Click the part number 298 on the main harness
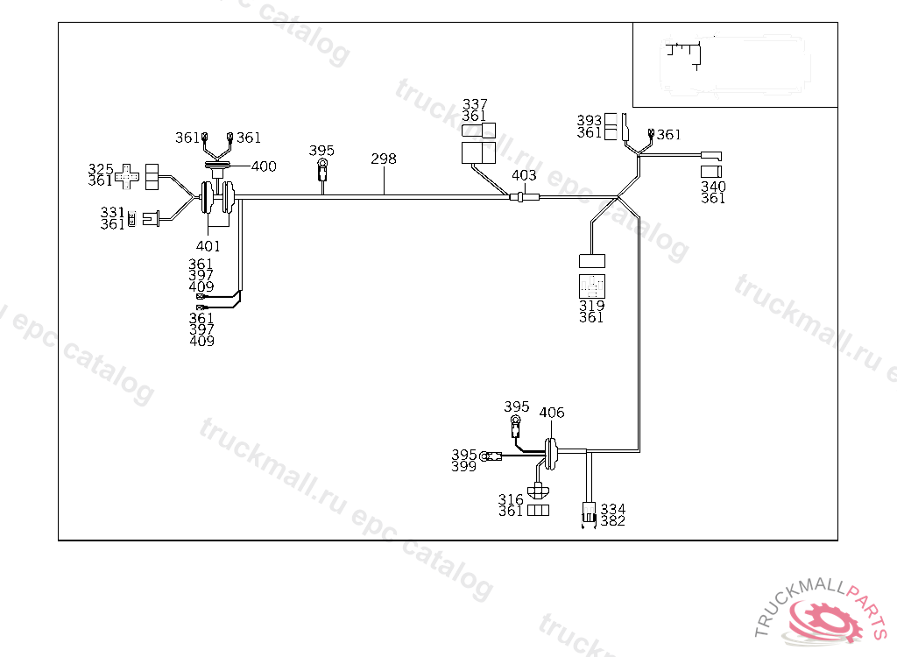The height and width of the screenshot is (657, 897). click(x=384, y=159)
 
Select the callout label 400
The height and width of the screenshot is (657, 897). click(x=264, y=166)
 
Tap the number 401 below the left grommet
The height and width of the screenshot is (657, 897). click(x=208, y=246)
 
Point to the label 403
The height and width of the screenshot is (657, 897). click(x=524, y=175)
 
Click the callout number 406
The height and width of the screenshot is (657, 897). click(x=552, y=413)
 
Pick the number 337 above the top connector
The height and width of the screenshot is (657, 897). click(x=475, y=104)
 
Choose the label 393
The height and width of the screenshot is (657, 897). click(x=589, y=120)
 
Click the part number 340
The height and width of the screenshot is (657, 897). click(x=713, y=187)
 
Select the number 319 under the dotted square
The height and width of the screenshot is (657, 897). click(x=591, y=306)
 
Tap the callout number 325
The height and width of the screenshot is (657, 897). click(x=101, y=168)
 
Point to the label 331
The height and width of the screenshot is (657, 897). click(x=112, y=212)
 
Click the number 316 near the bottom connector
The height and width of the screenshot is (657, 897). click(x=511, y=499)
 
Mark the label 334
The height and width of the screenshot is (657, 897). click(x=613, y=509)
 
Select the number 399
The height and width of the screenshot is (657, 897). click(x=464, y=467)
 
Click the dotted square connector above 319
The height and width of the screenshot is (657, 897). click(x=592, y=286)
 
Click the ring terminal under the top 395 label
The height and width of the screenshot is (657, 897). click(x=322, y=164)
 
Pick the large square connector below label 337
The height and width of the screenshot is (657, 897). click(x=478, y=153)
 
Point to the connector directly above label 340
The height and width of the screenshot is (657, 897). click(x=710, y=170)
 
